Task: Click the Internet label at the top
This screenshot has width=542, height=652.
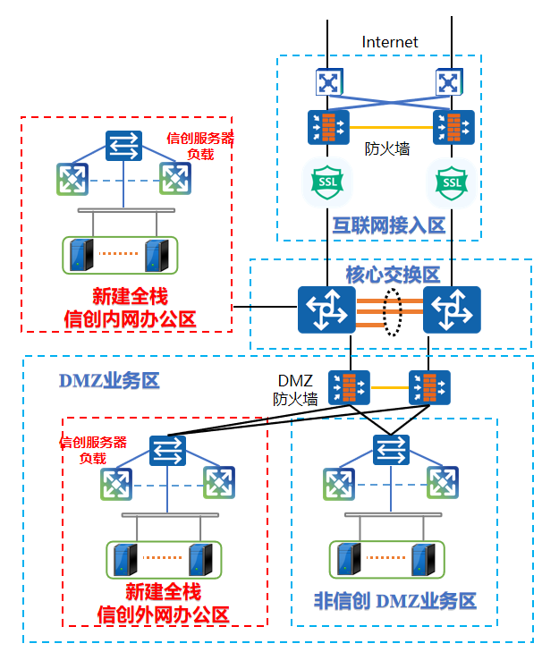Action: point(390,42)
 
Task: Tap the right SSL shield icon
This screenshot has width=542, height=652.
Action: point(452,182)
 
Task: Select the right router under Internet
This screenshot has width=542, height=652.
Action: point(447,83)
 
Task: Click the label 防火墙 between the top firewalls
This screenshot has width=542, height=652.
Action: point(388,149)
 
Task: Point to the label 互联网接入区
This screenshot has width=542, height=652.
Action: point(388,224)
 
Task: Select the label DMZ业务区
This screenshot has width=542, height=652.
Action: point(109,380)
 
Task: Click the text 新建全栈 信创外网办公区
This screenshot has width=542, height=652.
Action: point(163,603)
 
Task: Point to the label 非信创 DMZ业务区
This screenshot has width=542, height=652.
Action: point(394,600)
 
